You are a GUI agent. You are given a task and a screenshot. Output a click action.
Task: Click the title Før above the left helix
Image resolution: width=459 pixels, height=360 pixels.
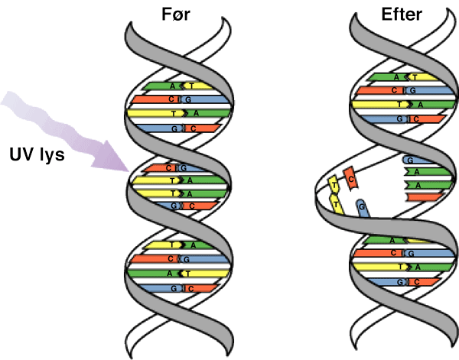click(176, 15)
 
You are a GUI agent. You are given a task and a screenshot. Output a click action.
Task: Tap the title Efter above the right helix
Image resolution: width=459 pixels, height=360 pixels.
click(402, 14)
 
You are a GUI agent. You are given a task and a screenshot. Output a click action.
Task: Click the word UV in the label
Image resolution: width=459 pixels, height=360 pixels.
click(21, 154)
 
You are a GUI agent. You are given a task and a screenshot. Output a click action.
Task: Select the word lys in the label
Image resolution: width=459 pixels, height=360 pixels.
click(50, 154)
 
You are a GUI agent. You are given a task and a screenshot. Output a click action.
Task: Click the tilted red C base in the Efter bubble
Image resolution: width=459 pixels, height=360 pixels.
click(350, 178)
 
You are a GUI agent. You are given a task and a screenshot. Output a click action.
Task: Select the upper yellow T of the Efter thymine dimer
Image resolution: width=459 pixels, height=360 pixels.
click(334, 184)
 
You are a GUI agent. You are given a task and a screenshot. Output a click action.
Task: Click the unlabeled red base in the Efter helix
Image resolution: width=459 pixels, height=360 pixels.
click(425, 197)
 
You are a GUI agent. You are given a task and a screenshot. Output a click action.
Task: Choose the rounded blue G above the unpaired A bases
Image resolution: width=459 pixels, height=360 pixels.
click(418, 160)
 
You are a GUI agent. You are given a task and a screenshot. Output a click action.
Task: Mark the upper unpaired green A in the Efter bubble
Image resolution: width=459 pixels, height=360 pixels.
click(428, 172)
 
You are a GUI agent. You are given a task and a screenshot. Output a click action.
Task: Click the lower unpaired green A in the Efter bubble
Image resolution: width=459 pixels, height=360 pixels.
click(428, 185)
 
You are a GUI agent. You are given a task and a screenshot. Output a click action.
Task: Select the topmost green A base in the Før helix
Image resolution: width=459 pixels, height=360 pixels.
click(163, 86)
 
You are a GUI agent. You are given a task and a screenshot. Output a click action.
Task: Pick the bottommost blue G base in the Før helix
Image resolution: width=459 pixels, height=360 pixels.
click(161, 288)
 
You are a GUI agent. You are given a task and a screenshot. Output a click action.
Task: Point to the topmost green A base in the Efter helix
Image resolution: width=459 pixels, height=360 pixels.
click(387, 77)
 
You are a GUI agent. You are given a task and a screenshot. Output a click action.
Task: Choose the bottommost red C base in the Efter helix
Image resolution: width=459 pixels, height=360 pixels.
click(424, 282)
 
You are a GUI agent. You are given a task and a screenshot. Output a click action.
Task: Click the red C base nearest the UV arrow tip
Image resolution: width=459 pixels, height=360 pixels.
click(160, 168)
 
